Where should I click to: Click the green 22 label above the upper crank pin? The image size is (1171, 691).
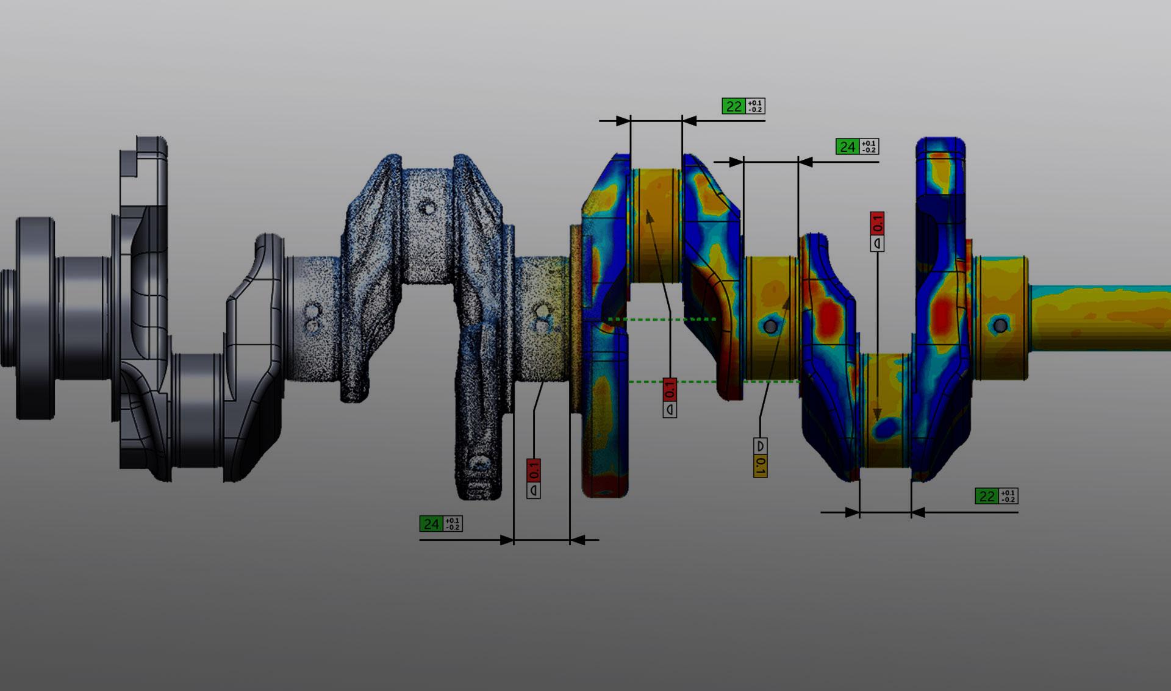[734, 106]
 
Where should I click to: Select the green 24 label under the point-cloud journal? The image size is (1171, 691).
[431, 524]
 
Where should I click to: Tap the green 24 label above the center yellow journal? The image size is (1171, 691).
[847, 146]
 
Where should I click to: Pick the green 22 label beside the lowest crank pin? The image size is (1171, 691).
[987, 496]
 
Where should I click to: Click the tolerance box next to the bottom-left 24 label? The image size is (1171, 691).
[453, 524]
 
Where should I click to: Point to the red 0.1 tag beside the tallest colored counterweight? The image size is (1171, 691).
[877, 224]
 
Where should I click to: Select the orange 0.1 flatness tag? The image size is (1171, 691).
[760, 466]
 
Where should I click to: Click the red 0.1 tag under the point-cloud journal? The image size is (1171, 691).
[534, 471]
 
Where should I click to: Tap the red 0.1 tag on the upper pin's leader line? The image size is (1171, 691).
[670, 390]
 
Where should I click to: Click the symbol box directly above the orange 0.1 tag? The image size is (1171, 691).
[760, 446]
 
